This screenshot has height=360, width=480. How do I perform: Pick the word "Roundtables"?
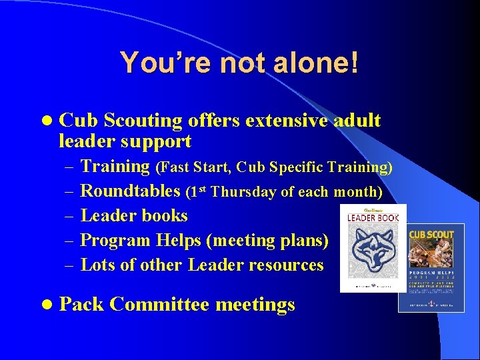point(130,192)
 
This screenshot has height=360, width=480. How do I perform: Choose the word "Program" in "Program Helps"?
point(115,240)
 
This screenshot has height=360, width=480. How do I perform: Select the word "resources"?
point(285,265)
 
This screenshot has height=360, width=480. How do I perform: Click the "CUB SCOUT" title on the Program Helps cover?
point(431,235)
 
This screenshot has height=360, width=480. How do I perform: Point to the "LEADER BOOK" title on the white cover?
point(373,217)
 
